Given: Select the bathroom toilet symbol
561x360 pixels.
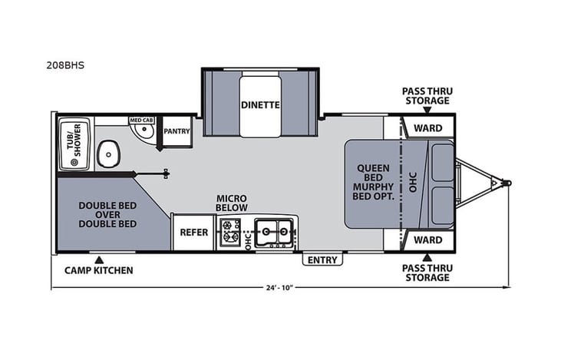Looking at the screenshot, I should point(110,155).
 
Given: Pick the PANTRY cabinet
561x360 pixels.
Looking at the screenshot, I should point(177,132).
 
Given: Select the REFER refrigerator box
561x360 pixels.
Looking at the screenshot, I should point(194,232).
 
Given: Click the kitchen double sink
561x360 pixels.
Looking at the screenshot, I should point(274,232).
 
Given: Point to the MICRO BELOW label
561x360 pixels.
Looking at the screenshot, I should point(230,202).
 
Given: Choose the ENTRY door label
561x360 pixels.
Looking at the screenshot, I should point(322,260).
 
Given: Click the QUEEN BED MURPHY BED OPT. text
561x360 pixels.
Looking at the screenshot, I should point(374,183).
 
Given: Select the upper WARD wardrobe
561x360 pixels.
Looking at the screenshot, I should point(428,127).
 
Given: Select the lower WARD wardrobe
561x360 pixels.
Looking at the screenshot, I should point(428,239).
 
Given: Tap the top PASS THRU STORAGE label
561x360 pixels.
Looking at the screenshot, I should point(427,96).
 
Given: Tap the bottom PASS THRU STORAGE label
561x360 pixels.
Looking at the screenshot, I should point(427,272).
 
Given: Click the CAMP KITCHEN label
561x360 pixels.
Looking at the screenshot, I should point(98,270).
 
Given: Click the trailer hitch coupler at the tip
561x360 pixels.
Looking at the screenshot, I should point(506,183).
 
